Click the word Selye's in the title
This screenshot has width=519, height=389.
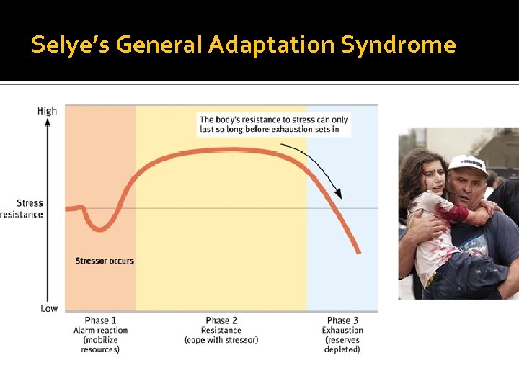pyautogui.click(x=71, y=45)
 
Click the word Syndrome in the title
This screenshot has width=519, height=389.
pyautogui.click(x=398, y=45)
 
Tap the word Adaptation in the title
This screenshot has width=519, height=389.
pyautogui.click(x=272, y=45)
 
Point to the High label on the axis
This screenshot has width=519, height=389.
pyautogui.click(x=47, y=111)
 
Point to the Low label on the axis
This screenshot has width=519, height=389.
pyautogui.click(x=49, y=308)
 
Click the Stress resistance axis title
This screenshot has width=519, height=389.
pyautogui.click(x=23, y=209)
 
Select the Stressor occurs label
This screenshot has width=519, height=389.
pyautogui.click(x=105, y=261)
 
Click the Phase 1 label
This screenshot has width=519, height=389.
pyautogui.click(x=100, y=321)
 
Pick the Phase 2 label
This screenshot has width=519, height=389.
pyautogui.click(x=221, y=321)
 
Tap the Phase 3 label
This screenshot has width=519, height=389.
pyautogui.click(x=342, y=321)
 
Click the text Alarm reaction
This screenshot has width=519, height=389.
pyautogui.click(x=100, y=331)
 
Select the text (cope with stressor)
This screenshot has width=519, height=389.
pyautogui.click(x=221, y=340)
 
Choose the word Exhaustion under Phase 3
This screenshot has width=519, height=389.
pyautogui.click(x=342, y=331)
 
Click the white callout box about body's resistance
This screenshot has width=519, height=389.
pyautogui.click(x=274, y=125)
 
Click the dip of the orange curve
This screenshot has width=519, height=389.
pyautogui.click(x=102, y=228)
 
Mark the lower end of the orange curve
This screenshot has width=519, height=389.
pyautogui.click(x=358, y=251)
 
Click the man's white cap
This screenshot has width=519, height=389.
pyautogui.click(x=466, y=164)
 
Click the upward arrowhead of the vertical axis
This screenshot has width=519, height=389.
pyautogui.click(x=47, y=122)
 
